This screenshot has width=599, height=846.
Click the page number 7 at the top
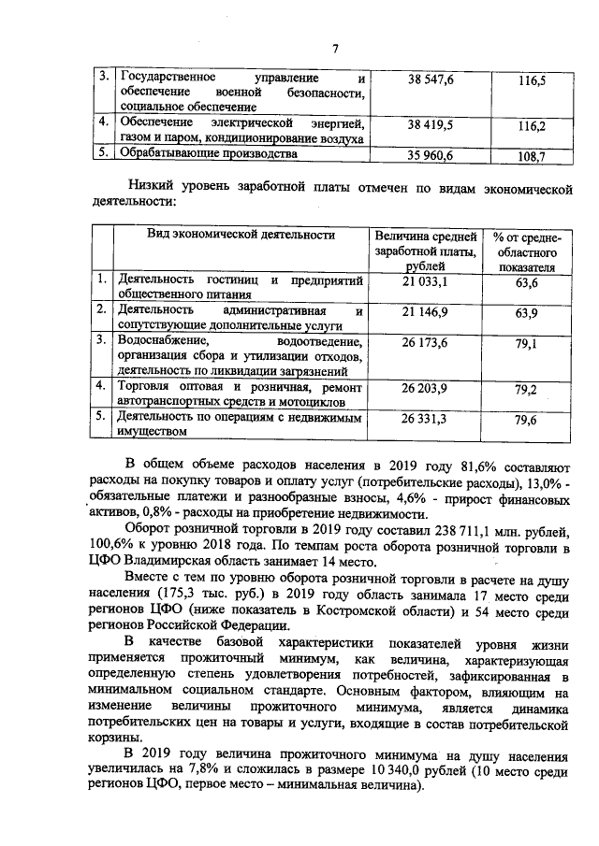click(334, 50)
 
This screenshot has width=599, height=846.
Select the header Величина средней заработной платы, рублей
click(424, 251)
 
